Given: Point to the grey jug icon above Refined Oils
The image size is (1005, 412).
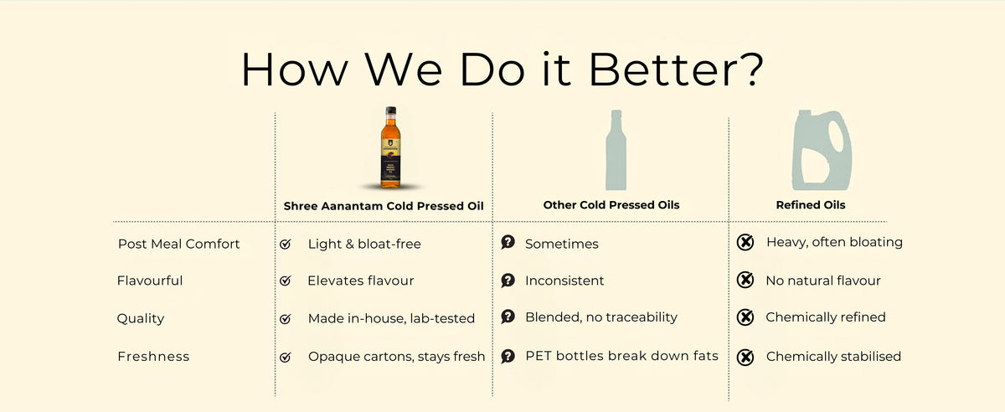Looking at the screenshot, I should pos(822,153).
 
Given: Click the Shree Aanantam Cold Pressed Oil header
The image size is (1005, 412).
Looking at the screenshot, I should pos(384,205).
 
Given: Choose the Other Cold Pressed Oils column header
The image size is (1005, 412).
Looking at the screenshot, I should pos(611,205).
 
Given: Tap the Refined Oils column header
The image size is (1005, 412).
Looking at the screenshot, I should pos(810,205).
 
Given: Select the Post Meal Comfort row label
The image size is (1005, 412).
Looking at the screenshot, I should pos(178,244).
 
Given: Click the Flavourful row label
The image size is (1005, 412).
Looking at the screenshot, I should pos(150,281).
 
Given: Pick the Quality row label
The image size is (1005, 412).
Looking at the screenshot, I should pos(141,318).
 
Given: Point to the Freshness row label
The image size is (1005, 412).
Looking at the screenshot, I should pos(153,356).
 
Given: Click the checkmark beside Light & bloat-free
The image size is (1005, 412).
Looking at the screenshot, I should pos(286,245).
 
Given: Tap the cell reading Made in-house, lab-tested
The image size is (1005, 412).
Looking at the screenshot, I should pos(391,318).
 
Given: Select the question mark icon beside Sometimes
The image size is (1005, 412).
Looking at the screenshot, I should pos(508,243).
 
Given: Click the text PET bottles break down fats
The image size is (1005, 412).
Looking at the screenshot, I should pos(621,356).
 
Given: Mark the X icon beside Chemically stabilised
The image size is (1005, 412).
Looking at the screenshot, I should pos(745,358).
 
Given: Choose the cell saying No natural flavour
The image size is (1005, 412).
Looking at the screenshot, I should pos(822,281).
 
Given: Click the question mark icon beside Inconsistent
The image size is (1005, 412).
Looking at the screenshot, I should pos(508,281).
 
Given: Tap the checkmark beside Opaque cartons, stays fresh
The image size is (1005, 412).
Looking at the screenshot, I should pos(286,357).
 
